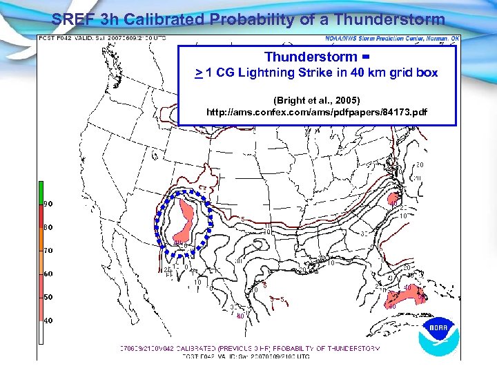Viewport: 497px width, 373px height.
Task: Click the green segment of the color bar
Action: pyautogui.click(x=41, y=190)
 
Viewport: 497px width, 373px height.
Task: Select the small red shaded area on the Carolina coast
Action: pyautogui.click(x=394, y=200)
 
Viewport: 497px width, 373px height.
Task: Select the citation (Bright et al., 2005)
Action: pyautogui.click(x=317, y=100)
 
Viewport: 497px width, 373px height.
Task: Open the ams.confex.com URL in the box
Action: pyautogui.click(x=317, y=112)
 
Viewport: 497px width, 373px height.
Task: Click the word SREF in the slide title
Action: pyautogui.click(x=73, y=19)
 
